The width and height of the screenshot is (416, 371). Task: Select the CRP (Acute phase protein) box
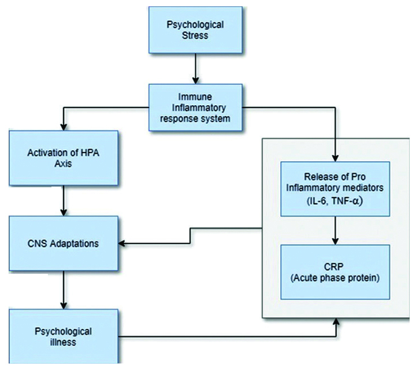335,272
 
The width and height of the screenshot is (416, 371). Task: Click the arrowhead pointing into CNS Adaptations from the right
123,243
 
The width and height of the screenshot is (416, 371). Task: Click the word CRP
335,267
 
